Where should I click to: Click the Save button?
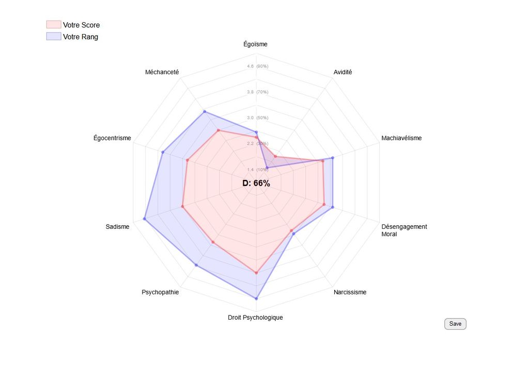(455, 324)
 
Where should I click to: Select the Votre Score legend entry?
(73, 25)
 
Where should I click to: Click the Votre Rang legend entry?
(72, 37)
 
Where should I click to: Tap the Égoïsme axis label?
(256, 44)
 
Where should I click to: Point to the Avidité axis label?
(343, 72)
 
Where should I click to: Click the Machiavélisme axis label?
(401, 138)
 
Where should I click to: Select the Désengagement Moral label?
(404, 230)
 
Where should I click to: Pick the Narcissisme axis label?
(350, 292)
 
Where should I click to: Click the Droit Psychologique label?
(255, 318)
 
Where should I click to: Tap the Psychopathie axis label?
(160, 292)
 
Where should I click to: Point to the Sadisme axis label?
(117, 226)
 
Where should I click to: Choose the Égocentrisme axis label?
(112, 138)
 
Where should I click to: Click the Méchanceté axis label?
(162, 72)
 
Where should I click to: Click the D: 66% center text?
(256, 183)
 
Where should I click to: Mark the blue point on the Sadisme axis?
(145, 219)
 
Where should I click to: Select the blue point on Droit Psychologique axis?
(256, 298)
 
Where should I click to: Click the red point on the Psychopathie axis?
(213, 242)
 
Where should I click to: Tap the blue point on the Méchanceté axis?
(205, 111)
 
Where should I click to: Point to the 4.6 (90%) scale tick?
(257, 67)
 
